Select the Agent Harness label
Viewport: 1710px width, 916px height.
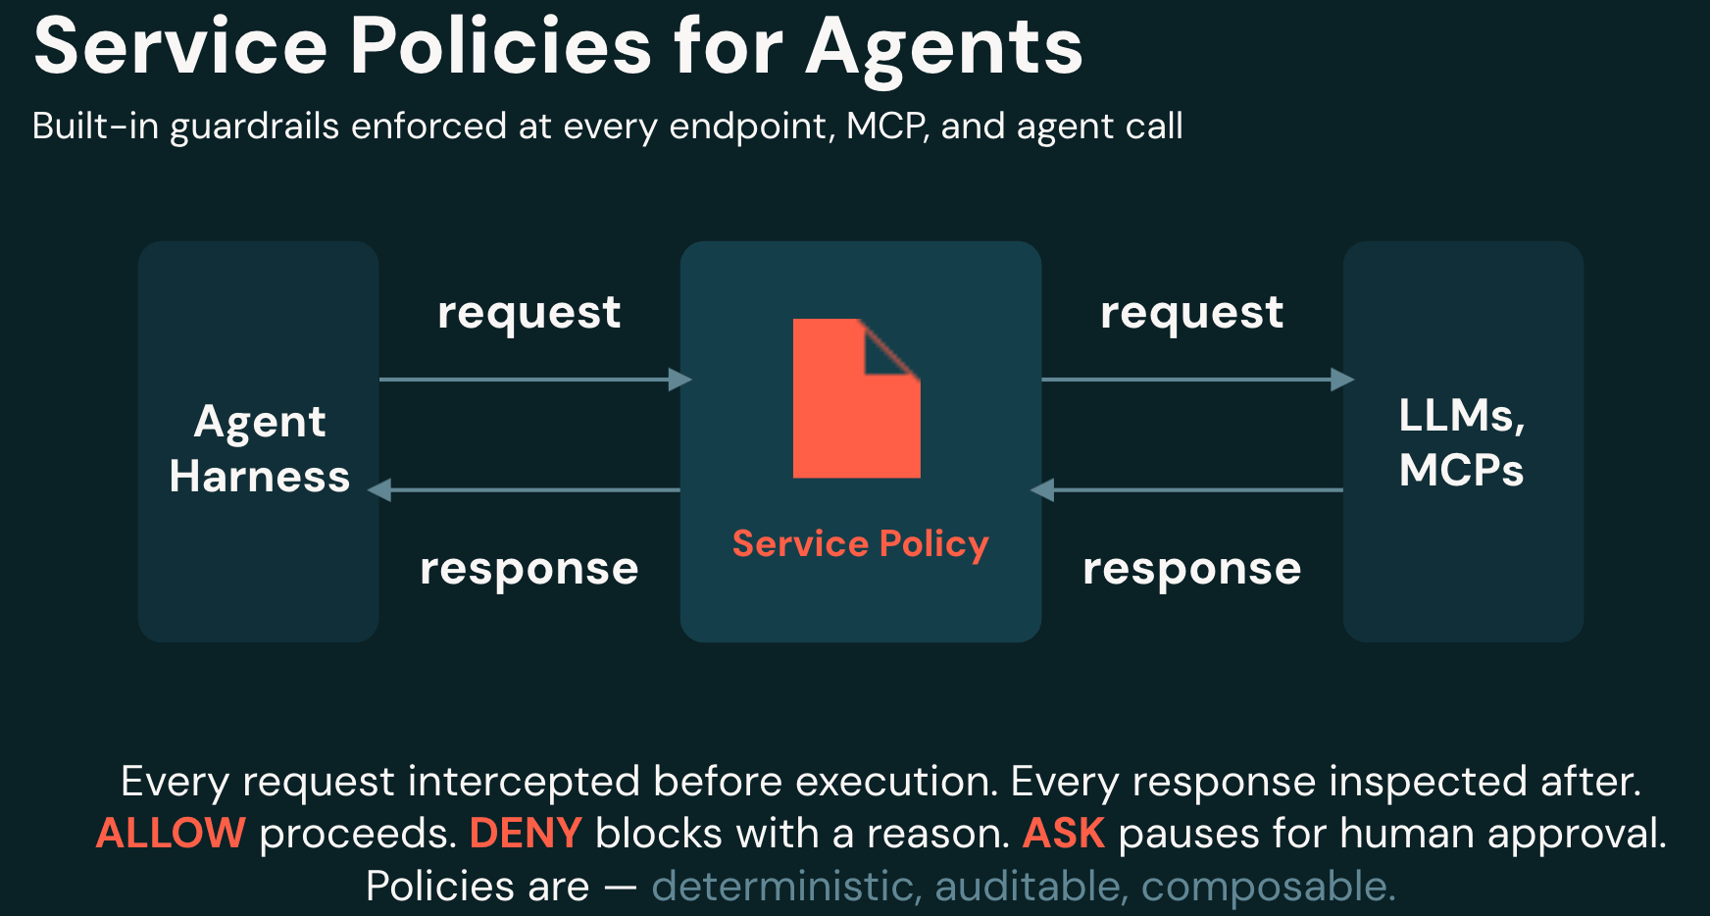tap(260, 449)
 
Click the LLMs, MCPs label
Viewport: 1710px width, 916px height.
tap(1462, 442)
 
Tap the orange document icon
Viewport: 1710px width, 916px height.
tap(857, 398)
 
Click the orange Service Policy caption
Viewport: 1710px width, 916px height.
tap(861, 544)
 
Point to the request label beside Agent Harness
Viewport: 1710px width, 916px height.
tap(529, 314)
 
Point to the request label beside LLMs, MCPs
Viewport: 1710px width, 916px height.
tap(1192, 314)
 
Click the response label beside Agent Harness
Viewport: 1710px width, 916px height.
tap(529, 570)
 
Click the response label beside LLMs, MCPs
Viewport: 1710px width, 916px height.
tap(1192, 570)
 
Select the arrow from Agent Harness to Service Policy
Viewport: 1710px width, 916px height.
tap(535, 380)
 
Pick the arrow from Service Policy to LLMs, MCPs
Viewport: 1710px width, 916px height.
tap(1198, 380)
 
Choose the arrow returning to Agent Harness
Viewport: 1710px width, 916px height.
tap(524, 489)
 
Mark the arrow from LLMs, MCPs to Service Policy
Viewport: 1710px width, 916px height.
tap(1186, 489)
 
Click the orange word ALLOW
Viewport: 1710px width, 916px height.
tap(171, 834)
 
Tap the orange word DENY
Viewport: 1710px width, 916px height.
tap(527, 834)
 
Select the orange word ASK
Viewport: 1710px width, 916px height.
tap(1064, 834)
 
